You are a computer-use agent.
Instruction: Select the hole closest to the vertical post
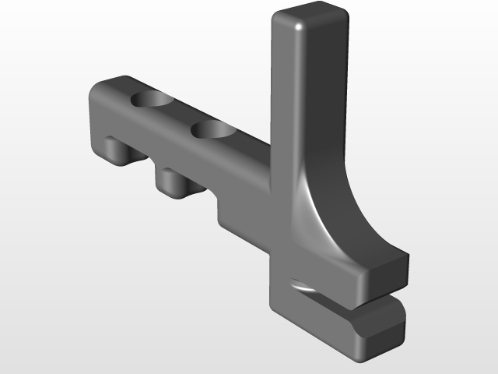(x=214, y=129)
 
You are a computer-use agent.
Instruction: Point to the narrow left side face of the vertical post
(x=282, y=93)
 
